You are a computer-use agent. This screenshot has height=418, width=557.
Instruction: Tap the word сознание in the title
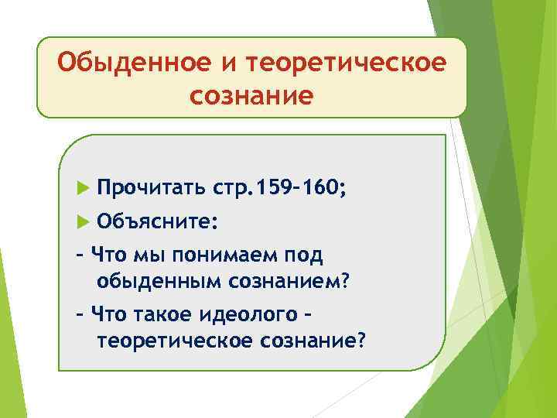click(251, 95)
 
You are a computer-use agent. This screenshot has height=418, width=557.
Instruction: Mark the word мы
click(143, 255)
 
